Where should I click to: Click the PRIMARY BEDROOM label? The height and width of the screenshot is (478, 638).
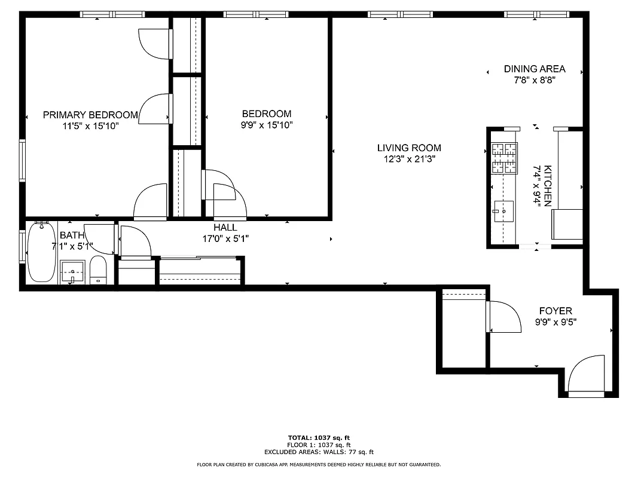pyautogui.click(x=90, y=115)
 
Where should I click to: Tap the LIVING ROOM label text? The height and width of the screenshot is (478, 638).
pyautogui.click(x=409, y=148)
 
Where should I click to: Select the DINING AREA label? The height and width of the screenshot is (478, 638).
pyautogui.click(x=534, y=69)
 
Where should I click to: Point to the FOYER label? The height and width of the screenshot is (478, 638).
pyautogui.click(x=555, y=311)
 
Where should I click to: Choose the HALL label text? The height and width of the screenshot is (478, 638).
pyautogui.click(x=225, y=228)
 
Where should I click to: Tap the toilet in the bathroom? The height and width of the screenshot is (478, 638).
pyautogui.click(x=98, y=270)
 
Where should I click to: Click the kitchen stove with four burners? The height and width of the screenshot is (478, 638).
pyautogui.click(x=503, y=159)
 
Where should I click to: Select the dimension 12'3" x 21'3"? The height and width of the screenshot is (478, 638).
pyautogui.click(x=409, y=159)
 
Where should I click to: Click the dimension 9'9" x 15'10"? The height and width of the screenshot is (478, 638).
pyautogui.click(x=267, y=125)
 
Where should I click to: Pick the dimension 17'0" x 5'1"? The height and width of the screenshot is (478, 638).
pyautogui.click(x=225, y=238)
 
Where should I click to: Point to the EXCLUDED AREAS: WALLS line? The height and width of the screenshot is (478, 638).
pyautogui.click(x=319, y=452)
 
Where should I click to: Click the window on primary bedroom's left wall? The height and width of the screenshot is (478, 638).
pyautogui.click(x=22, y=160)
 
